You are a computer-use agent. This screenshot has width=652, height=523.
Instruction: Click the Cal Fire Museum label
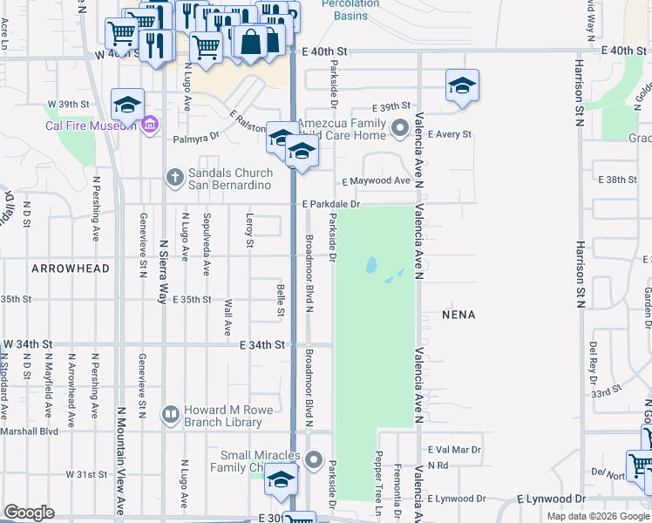point(92,125)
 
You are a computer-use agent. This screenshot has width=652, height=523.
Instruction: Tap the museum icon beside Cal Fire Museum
point(149,125)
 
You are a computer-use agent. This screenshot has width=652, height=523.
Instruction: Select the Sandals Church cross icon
point(174,177)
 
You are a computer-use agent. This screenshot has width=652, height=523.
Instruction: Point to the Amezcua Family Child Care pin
point(400,129)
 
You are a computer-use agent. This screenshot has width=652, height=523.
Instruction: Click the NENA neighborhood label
point(458,314)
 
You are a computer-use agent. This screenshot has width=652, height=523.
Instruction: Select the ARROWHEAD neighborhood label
point(71,268)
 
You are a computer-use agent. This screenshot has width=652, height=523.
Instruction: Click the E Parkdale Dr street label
point(331,204)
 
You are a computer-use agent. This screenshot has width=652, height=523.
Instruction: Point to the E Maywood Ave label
point(376,180)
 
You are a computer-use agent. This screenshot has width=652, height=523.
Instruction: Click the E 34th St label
point(262,345)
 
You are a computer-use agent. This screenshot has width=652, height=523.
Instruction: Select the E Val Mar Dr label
point(454,450)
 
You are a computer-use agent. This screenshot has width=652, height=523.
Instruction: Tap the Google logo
point(29,513)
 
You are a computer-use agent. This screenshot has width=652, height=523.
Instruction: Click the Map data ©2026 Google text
point(598,515)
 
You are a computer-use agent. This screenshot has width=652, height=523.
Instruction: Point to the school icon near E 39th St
point(462,85)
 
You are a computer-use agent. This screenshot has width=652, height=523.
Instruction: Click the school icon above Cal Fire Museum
point(127,105)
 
